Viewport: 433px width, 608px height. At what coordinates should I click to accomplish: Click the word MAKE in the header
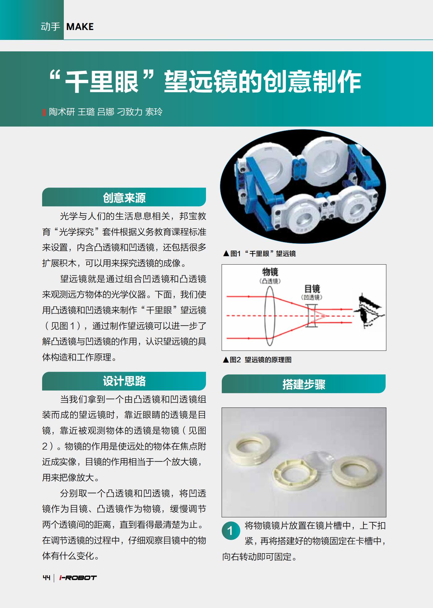tap(80, 27)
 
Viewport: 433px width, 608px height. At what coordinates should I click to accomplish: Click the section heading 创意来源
tap(124, 198)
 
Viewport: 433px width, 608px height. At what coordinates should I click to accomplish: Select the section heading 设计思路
tap(124, 381)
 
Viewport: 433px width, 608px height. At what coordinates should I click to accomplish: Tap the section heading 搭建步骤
tap(304, 384)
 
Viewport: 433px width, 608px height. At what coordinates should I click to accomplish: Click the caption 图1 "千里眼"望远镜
tap(260, 254)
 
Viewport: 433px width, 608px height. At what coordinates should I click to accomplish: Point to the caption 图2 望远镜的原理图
tap(257, 360)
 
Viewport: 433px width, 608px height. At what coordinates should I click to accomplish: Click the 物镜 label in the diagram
tap(270, 272)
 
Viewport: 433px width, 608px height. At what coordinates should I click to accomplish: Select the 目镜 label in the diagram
tap(312, 289)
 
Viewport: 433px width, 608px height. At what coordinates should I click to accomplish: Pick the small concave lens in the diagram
tap(311, 316)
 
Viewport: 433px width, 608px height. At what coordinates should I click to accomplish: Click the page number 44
tap(46, 578)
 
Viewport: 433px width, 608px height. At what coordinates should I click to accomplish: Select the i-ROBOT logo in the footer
tap(78, 578)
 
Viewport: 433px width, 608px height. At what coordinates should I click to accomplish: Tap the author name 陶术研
tap(62, 112)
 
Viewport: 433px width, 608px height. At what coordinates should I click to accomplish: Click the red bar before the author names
tap(44, 112)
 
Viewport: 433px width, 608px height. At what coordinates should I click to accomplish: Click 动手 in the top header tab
tap(50, 27)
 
